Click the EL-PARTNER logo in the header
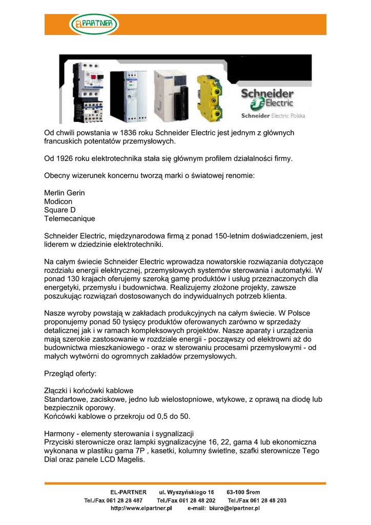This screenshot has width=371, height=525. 94,24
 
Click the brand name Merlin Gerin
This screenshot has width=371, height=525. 65,193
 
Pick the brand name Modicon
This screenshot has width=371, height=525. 59,201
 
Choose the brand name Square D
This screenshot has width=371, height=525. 60,210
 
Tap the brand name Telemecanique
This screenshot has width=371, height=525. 70,219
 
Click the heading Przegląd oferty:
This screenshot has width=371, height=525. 70,373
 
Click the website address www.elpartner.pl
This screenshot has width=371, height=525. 141,509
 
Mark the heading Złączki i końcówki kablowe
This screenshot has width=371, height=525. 89,390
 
